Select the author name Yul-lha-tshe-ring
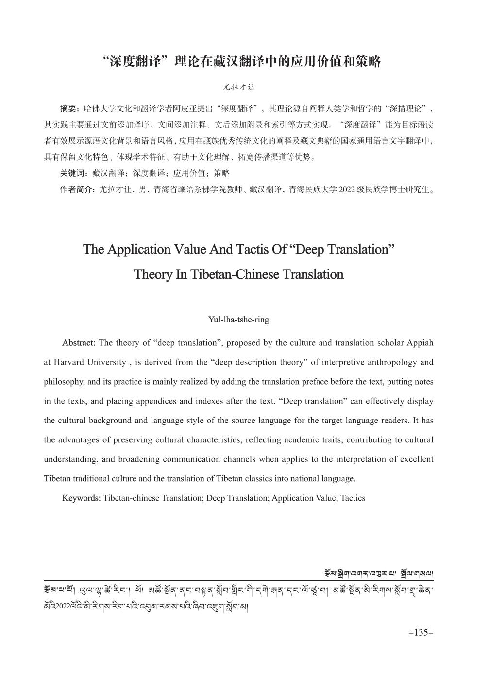point(238,320)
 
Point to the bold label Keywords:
point(82,498)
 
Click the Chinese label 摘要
point(68,107)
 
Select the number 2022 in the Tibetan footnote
point(64,607)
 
